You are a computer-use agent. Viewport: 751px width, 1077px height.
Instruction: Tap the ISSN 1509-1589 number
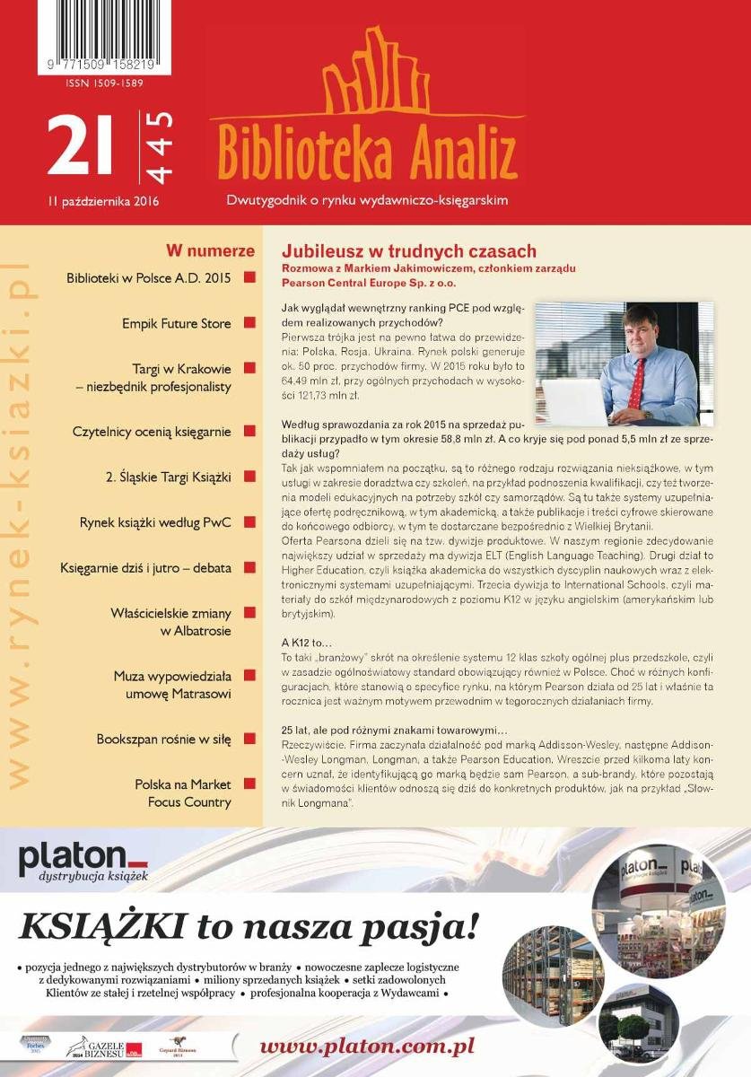point(104,83)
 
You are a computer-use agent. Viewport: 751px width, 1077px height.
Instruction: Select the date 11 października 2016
point(103,201)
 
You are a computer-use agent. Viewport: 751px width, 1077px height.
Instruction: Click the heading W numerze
point(210,251)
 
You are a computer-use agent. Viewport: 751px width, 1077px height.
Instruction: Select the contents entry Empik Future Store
point(176,323)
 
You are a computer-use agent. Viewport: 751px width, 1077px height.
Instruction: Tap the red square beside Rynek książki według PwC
point(249,521)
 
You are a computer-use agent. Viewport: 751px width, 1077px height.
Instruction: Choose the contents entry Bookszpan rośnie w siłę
point(163,740)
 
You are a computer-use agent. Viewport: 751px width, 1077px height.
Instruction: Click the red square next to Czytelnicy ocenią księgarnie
point(249,431)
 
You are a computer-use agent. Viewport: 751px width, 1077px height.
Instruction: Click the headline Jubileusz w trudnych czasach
point(409,251)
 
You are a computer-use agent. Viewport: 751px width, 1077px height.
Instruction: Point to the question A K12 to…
point(307,644)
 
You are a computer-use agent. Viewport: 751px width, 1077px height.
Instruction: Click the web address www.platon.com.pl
point(367,1046)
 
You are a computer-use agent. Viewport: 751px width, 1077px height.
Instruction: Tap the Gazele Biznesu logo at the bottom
point(103,1046)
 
